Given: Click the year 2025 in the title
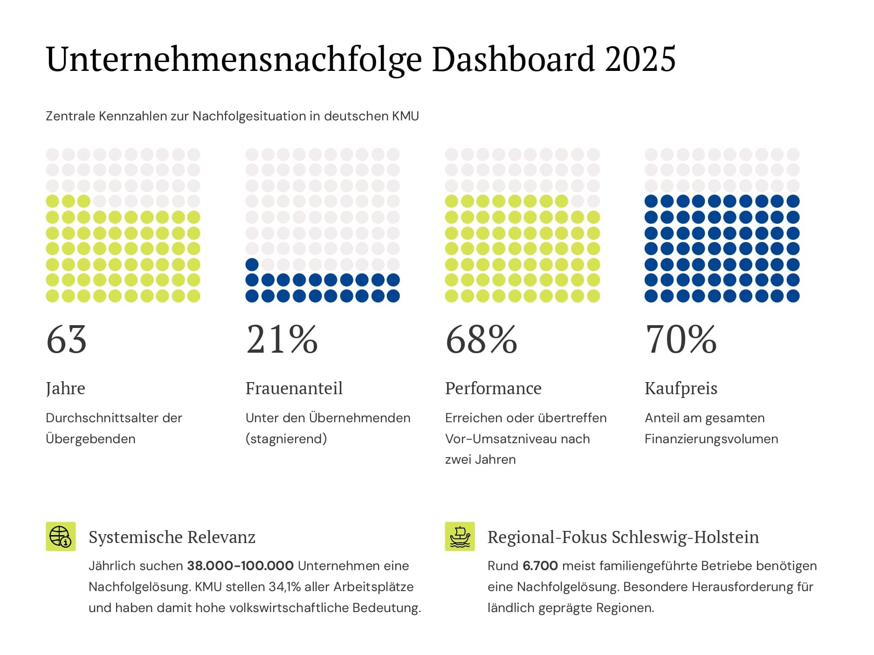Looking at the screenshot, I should coord(640,59).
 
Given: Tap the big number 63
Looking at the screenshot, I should coord(66,340).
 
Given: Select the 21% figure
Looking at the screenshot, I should coord(282,340).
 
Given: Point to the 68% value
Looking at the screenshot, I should coord(481,340).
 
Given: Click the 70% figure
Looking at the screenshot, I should coord(681,340).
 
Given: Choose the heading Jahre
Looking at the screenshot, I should coord(65,389).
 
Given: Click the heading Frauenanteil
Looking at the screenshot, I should coord(294,388).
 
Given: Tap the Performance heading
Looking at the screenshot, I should coord(493,388).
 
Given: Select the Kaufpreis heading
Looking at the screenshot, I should coord(681,388).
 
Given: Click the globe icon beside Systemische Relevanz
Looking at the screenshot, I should coord(61,537).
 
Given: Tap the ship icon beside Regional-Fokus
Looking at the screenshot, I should coord(460,537).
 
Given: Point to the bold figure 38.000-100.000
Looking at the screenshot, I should coord(240,566).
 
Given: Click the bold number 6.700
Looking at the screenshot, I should coord(540,566).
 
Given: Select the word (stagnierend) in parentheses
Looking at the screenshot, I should coord(286,439).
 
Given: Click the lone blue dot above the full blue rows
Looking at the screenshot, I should coord(252,265).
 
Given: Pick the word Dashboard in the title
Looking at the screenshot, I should coord(513,59).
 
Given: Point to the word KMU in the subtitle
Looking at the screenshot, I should coord(405,116).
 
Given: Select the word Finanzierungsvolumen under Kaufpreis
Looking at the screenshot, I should coord(711,439).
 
